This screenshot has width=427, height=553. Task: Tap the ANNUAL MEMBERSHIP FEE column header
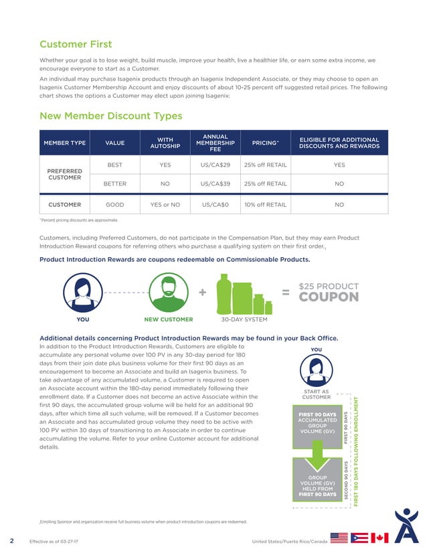pos(214,142)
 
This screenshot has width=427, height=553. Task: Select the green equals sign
pos(285,293)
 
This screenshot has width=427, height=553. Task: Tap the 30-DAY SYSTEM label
pos(244,319)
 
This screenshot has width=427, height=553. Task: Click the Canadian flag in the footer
pos(379,538)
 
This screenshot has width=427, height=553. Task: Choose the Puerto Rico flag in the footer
pos(359,538)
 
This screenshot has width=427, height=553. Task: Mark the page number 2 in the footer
pos(11,540)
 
